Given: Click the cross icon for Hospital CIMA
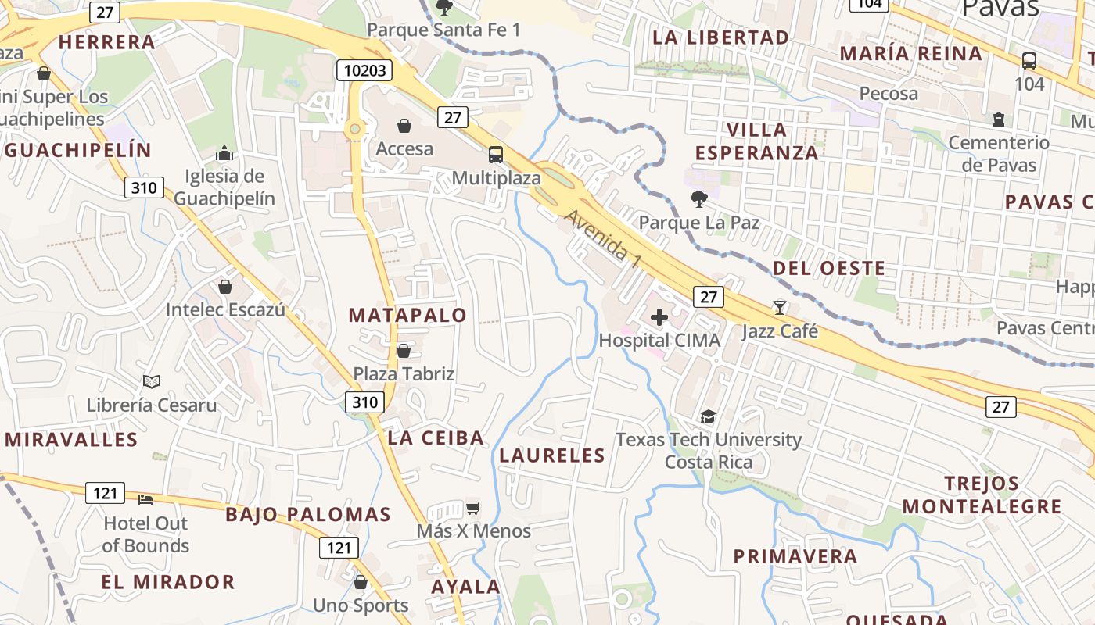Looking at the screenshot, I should pyautogui.click(x=659, y=316).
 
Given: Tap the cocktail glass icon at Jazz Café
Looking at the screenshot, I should pyautogui.click(x=780, y=307).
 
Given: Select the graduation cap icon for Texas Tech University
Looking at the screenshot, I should pyautogui.click(x=709, y=416).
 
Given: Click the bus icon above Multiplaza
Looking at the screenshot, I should pyautogui.click(x=496, y=154).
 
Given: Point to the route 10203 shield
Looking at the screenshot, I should pyautogui.click(x=365, y=70).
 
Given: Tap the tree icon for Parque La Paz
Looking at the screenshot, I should pyautogui.click(x=699, y=199).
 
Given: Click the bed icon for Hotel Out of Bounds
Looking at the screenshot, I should pyautogui.click(x=145, y=499).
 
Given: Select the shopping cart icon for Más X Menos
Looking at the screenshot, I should pyautogui.click(x=473, y=508).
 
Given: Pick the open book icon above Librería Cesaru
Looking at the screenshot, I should pyautogui.click(x=152, y=382).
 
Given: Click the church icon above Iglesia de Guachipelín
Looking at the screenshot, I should pyautogui.click(x=224, y=152).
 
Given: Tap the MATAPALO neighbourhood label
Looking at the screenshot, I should pyautogui.click(x=407, y=316).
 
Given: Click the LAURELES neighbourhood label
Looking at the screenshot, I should pyautogui.click(x=552, y=455).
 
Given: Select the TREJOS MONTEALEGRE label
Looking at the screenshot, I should pyautogui.click(x=982, y=495).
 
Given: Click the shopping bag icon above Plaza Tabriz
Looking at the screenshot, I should pyautogui.click(x=404, y=351).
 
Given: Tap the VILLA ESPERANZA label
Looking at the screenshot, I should pyautogui.click(x=756, y=141).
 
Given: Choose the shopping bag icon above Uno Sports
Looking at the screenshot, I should pyautogui.click(x=361, y=582).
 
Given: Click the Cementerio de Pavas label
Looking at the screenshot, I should pyautogui.click(x=998, y=153).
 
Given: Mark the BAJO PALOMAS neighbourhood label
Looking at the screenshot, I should pyautogui.click(x=308, y=514).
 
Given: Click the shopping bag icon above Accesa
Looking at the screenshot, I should pyautogui.click(x=404, y=126).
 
